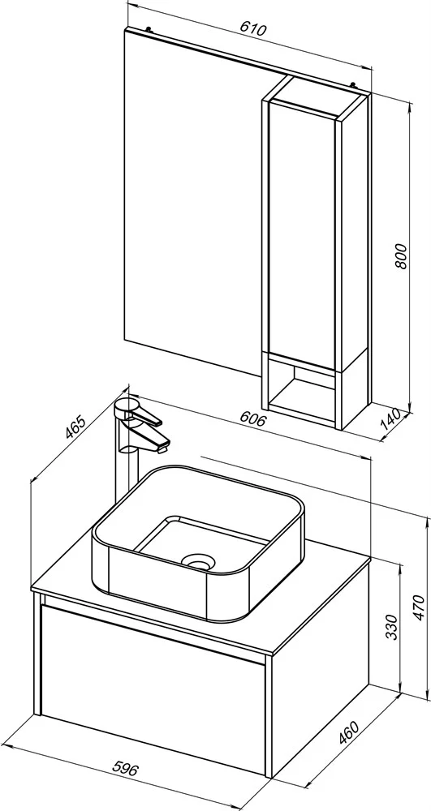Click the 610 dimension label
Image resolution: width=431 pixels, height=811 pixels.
(253, 29)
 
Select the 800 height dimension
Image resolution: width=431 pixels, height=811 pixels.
(402, 255)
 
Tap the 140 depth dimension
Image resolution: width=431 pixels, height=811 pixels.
(391, 420)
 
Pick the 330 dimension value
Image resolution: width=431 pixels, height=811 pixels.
(392, 626)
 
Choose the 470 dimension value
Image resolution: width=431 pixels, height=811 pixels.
(420, 607)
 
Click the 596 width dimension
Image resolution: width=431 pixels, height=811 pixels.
(125, 769)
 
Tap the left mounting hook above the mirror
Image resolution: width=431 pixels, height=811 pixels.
(149, 29)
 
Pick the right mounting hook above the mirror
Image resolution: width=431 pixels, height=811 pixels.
(353, 84)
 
